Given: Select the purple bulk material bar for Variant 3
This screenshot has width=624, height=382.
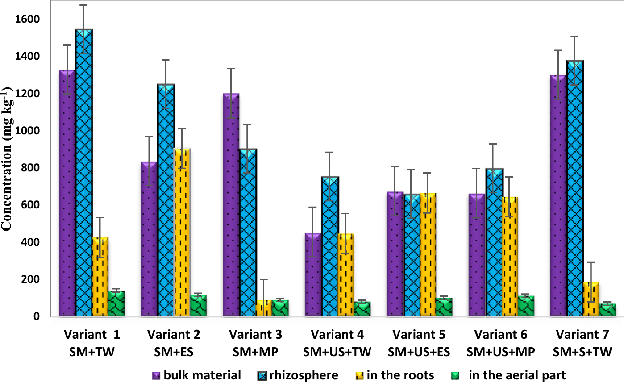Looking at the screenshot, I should pos(231,205).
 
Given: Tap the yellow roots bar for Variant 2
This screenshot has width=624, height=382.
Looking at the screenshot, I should pos(182,232).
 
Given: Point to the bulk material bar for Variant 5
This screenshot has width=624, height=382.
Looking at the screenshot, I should pos(395,254).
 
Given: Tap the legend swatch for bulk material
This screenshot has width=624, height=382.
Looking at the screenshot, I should pos(156,375).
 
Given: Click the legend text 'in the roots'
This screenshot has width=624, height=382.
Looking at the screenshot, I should pos(400,375).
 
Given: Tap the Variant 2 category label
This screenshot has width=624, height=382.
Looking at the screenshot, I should pos(174,334).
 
